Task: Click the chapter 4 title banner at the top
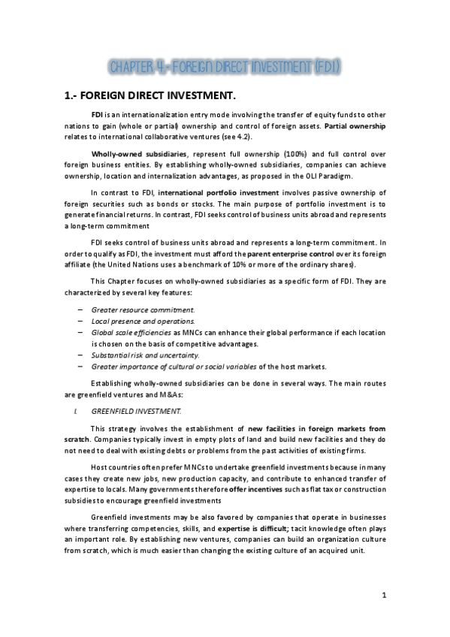click(x=225, y=68)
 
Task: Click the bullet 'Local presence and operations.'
click(x=132, y=321)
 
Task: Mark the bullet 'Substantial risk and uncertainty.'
click(x=138, y=355)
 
